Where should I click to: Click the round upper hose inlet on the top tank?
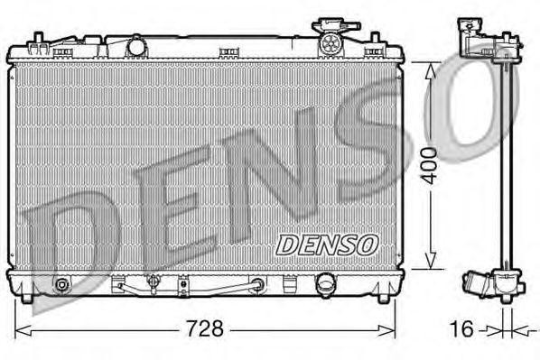[136, 44]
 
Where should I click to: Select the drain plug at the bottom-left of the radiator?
[61, 286]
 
